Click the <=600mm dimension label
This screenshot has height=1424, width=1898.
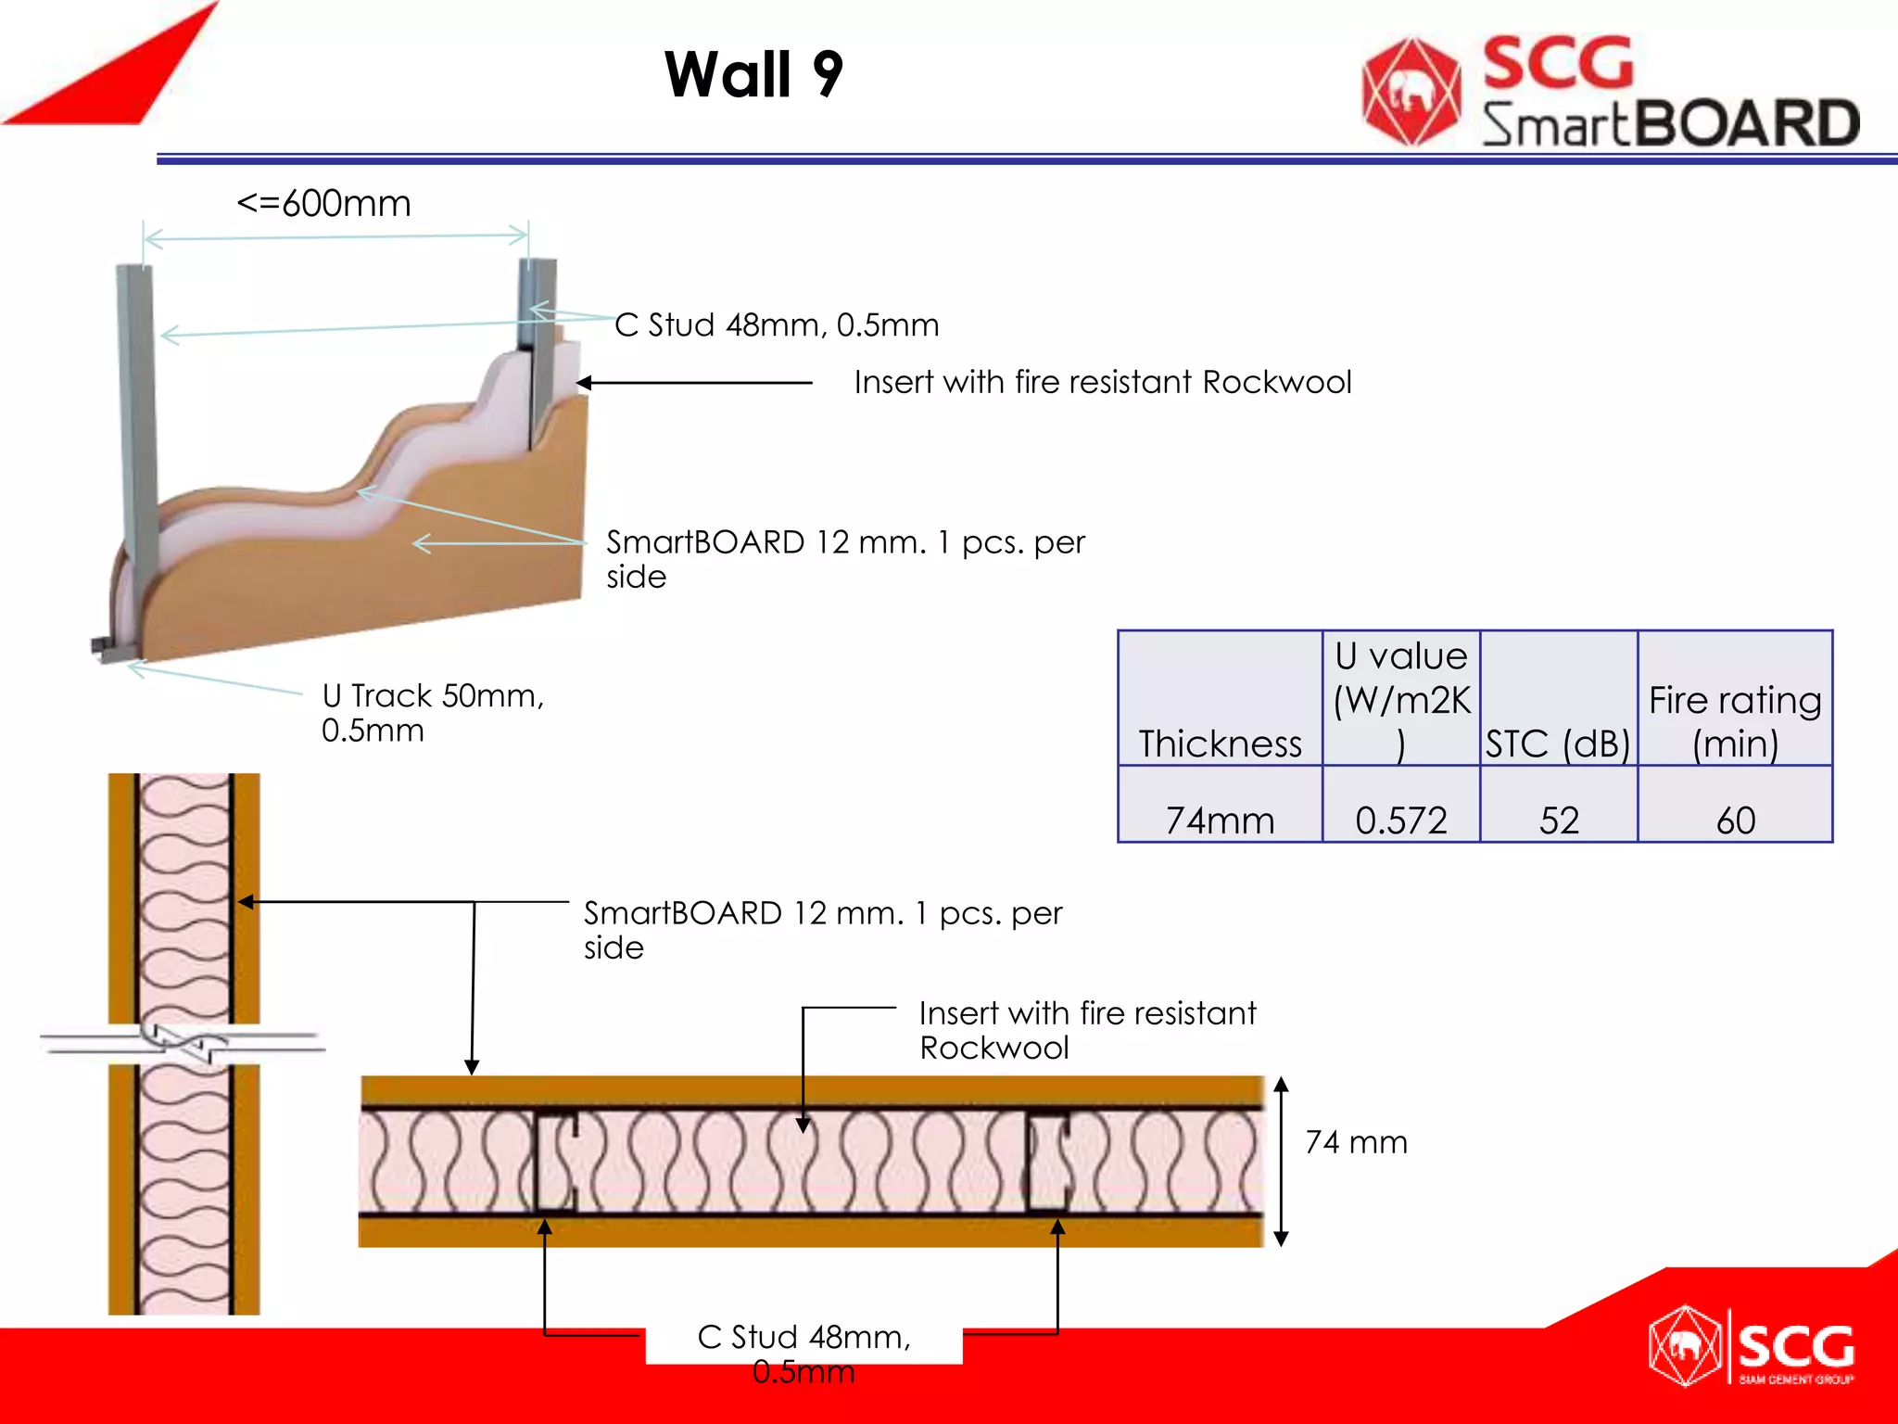pyautogui.click(x=323, y=203)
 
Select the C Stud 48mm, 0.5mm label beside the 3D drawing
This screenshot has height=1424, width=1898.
pyautogui.click(x=777, y=324)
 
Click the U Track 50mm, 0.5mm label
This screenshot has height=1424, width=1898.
pyautogui.click(x=432, y=712)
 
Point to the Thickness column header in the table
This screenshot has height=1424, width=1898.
pyautogui.click(x=1220, y=744)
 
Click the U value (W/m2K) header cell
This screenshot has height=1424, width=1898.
pyautogui.click(x=1400, y=699)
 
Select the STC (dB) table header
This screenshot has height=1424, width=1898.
pyautogui.click(x=1558, y=744)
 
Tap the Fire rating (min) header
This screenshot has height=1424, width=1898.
pyautogui.click(x=1735, y=721)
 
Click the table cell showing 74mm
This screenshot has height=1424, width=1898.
pyautogui.click(x=1220, y=820)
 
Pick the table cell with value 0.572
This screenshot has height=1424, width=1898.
pyautogui.click(x=1400, y=820)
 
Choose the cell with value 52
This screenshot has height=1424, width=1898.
pyautogui.click(x=1558, y=820)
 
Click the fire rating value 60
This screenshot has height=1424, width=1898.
pyautogui.click(x=1735, y=820)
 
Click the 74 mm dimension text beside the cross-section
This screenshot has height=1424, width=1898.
pyautogui.click(x=1356, y=1142)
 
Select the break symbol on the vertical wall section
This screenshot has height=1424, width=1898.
pyautogui.click(x=183, y=1044)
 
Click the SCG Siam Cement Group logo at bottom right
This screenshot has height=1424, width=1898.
pyautogui.click(x=1752, y=1346)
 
